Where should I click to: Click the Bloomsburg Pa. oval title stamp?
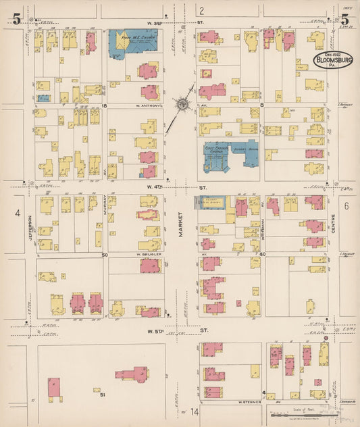point(335,61)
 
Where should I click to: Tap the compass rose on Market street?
point(182,104)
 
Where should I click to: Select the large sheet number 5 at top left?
point(16,19)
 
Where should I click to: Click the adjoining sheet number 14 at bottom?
point(195,411)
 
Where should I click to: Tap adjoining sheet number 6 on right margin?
point(344,205)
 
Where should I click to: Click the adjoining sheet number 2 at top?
point(201,9)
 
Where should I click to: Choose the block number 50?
point(105,255)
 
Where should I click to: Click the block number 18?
point(105,106)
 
